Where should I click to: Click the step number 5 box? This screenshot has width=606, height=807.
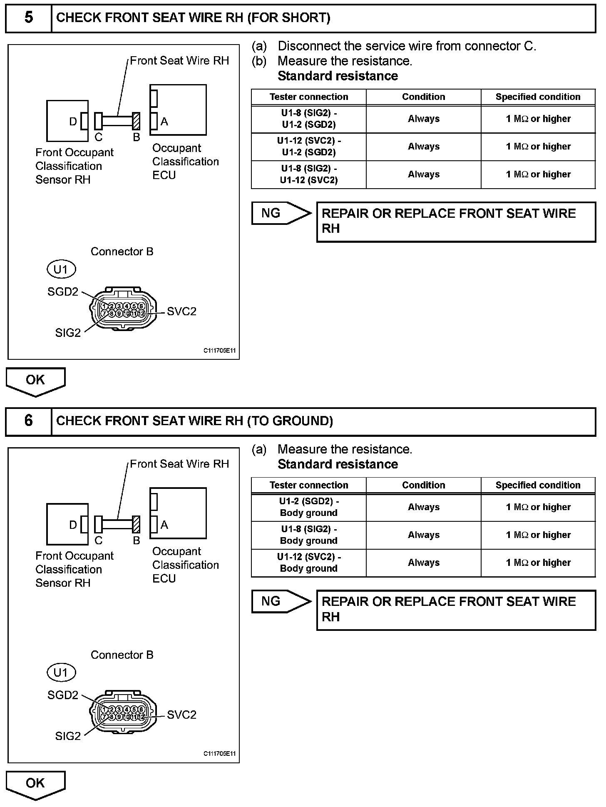28,18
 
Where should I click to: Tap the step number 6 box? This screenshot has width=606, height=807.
28,421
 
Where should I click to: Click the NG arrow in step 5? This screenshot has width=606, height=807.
281,213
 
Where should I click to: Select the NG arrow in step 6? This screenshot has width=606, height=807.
281,601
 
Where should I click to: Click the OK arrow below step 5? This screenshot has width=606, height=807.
35,381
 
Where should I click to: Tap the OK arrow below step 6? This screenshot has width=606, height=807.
35,784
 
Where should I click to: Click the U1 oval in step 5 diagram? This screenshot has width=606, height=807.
61,269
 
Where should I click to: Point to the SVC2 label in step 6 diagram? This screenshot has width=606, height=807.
181,715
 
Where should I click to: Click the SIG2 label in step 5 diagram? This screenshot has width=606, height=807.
68,333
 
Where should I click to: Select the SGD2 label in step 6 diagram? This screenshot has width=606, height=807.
63,695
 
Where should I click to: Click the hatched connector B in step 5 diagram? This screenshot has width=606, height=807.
136,121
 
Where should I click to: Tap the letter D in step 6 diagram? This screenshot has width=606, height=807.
73,525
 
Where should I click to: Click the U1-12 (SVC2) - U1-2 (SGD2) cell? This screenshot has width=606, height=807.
309,147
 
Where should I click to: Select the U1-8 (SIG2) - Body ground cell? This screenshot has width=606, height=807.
309,535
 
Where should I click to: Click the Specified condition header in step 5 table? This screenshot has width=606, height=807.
538,97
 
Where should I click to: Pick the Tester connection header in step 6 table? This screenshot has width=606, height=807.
309,485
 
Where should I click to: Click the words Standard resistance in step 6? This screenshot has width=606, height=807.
338,464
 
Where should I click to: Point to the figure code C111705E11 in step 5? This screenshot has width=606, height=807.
219,351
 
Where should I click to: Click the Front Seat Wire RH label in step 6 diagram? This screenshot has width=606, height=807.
179,464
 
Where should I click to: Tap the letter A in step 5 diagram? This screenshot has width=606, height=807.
164,122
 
